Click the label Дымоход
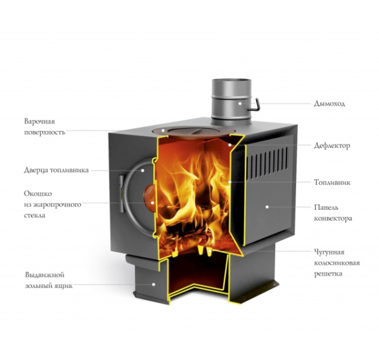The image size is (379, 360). tap(329, 104)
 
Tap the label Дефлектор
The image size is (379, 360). tap(332, 146)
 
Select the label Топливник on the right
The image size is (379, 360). tap(332, 183)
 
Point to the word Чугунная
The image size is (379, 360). tap(329, 252)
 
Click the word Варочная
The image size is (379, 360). tap(39, 121)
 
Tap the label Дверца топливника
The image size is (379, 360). tap(56, 170)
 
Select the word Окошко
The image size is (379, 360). tap(38, 194)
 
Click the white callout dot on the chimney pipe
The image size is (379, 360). tap(240, 103)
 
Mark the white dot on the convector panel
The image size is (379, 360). tap(267, 207)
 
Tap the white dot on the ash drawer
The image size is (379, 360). tap(153, 285)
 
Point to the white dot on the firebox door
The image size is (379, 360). tap(143, 170)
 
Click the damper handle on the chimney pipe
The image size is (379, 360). tap(255, 105)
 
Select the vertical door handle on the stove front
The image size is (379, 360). tap(121, 194)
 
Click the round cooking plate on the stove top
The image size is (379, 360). tap(193, 132)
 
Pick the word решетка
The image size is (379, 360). tap(328, 274)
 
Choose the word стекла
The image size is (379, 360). tap(35, 215)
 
